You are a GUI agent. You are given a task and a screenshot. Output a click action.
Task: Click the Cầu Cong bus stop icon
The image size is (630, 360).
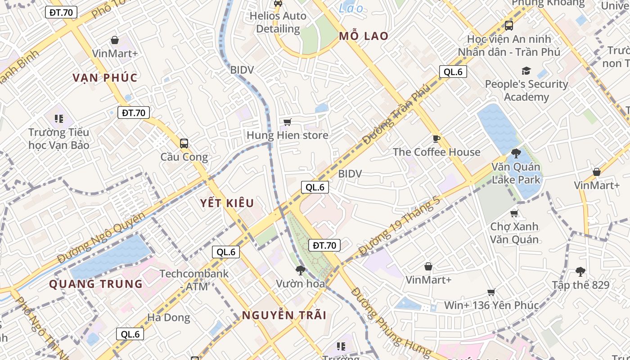[x=184, y=144]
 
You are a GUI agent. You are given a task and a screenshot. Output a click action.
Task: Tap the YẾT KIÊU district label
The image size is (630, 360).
[x=227, y=203]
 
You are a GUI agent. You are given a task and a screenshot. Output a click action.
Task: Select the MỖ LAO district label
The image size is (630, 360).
[x=364, y=36]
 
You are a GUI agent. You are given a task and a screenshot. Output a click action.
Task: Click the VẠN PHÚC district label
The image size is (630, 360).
[x=105, y=77]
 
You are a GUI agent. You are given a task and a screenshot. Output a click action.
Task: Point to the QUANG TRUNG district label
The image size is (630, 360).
[x=96, y=284]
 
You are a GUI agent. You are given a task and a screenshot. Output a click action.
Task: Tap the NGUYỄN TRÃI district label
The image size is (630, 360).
[x=284, y=315]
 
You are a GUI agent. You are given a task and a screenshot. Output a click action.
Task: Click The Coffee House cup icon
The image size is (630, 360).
[x=436, y=139]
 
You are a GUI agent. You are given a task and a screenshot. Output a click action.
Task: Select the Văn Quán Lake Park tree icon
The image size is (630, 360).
[x=516, y=153]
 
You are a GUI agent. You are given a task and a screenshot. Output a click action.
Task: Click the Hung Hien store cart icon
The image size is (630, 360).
[x=287, y=122]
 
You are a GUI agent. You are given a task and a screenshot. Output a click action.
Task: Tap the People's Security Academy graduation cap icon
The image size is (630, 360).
[x=526, y=71]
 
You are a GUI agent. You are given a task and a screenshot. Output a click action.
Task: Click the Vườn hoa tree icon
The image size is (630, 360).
[x=300, y=270]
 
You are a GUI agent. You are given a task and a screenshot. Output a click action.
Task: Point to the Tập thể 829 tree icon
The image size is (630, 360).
[x=580, y=271]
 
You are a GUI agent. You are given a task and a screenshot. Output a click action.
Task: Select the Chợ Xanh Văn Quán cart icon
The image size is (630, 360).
[x=514, y=213]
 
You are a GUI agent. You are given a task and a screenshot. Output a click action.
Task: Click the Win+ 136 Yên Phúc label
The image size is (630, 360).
[x=491, y=305]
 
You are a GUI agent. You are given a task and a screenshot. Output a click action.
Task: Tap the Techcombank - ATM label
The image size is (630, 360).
[x=194, y=280]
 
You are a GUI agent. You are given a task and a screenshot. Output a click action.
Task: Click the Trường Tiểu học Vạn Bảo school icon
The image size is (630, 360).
[x=59, y=119]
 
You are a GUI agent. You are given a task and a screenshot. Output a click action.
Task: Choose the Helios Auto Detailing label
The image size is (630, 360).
[x=278, y=22]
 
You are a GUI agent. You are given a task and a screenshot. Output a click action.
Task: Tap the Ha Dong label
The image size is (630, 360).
[x=169, y=318]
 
